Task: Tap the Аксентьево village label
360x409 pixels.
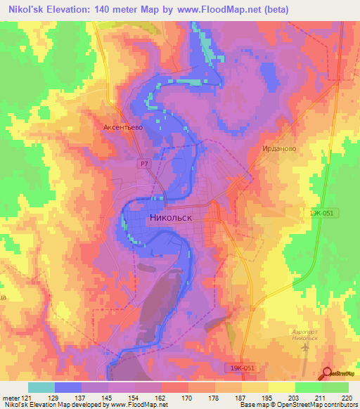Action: click(x=123, y=127)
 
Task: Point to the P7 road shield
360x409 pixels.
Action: click(x=143, y=163)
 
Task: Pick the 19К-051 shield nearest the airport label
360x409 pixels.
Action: click(x=244, y=368)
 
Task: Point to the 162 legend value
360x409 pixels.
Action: click(x=161, y=397)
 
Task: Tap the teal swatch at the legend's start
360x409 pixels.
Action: click(x=41, y=387)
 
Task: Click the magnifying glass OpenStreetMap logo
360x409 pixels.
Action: click(x=327, y=373)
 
